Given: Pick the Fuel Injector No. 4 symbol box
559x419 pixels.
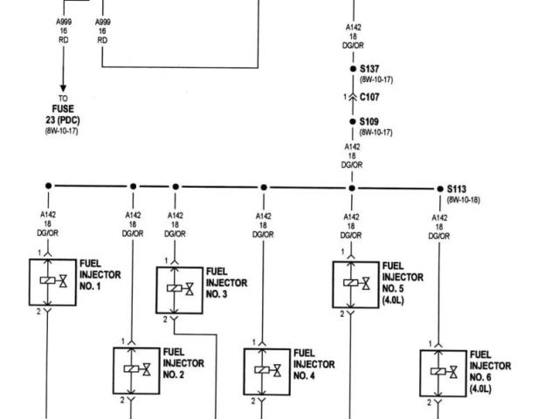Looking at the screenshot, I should coord(266,371).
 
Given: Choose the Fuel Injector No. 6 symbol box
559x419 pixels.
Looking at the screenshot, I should coord(443,373).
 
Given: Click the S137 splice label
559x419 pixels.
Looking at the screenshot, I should coord(369,68).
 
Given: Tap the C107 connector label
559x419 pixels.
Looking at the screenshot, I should coord(369,98).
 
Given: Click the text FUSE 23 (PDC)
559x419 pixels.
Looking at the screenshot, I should coord(63,114).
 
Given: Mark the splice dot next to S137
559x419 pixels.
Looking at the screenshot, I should coord(352,68).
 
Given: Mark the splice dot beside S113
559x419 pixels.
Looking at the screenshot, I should coord(439,188).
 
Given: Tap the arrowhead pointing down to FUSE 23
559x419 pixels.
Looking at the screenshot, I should coord(63,83).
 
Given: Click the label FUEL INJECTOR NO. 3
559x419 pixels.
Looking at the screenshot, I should coord(226,283).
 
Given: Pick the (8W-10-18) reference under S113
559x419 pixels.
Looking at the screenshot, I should coord(463,199).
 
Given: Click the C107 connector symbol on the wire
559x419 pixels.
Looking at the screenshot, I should coord(352,97).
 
